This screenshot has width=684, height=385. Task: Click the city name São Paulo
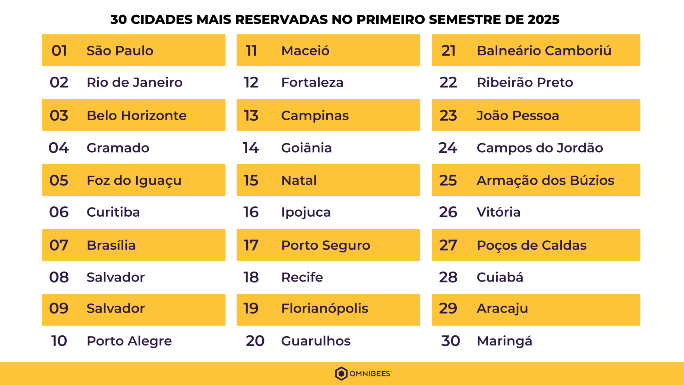tap(120, 51)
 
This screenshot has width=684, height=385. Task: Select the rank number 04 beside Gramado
tap(59, 148)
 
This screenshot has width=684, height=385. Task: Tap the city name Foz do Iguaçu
tap(134, 180)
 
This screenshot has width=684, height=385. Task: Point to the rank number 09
tap(59, 308)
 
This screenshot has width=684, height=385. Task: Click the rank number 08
tap(59, 277)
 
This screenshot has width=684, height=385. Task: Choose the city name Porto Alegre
tap(129, 341)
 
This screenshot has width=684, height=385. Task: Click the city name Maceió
tap(305, 51)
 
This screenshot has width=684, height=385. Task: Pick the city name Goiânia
tap(306, 148)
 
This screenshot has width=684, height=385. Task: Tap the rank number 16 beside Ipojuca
tap(251, 212)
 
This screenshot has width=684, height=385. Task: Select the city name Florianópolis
tap(324, 308)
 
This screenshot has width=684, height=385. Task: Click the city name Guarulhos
tap(316, 341)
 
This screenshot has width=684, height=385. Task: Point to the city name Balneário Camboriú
tap(544, 51)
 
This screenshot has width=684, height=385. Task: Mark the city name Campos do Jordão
tap(540, 148)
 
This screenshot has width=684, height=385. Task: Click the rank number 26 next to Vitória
tap(448, 212)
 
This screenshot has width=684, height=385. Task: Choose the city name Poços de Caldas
tap(532, 245)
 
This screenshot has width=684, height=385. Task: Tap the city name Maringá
tap(504, 341)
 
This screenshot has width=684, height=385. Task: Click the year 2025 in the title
tap(543, 20)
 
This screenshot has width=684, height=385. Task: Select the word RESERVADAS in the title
tap(281, 20)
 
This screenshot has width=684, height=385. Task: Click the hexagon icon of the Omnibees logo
tap(341, 373)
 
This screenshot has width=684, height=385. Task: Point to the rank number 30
tap(451, 341)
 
